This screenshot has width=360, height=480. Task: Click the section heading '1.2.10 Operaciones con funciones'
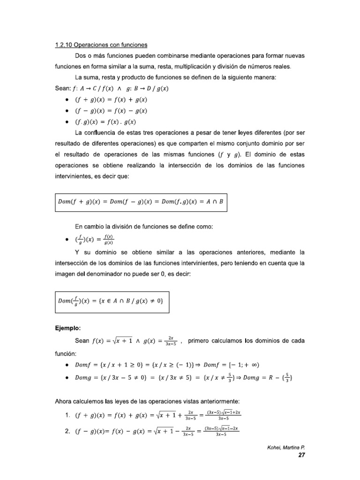[101, 45]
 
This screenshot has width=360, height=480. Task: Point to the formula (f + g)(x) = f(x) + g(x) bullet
[111, 99]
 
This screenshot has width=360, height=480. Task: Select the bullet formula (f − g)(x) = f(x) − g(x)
[111, 111]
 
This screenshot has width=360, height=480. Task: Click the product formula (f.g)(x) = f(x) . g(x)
[108, 122]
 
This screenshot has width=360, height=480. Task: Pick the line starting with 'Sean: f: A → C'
[112, 88]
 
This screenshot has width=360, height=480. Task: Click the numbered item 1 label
[67, 414]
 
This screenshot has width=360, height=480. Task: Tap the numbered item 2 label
[67, 432]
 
